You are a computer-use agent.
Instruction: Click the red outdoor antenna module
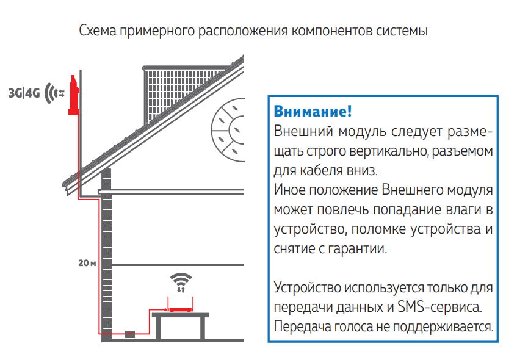pyautogui.click(x=73, y=96)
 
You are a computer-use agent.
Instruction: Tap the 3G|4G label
pyautogui.click(x=24, y=93)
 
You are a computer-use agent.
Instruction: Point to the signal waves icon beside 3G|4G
pyautogui.click(x=54, y=93)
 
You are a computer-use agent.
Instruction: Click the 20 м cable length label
pyautogui.click(x=87, y=263)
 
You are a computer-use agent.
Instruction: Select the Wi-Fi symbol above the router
pyautogui.click(x=181, y=283)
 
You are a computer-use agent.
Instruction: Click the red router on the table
pyautogui.click(x=181, y=309)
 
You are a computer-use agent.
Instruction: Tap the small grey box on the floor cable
pyautogui.click(x=130, y=334)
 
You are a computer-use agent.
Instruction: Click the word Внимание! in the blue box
pyautogui.click(x=313, y=111)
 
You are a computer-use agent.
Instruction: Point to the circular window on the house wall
pyautogui.click(x=228, y=130)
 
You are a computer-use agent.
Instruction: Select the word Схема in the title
pyautogui.click(x=98, y=31)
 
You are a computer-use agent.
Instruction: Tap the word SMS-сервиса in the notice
pyautogui.click(x=440, y=307)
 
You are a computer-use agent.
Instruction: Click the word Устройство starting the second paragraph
pyautogui.click(x=307, y=287)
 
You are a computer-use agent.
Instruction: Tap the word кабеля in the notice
pyautogui.click(x=322, y=170)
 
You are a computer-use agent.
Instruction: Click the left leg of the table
pyautogui.click(x=158, y=328)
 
